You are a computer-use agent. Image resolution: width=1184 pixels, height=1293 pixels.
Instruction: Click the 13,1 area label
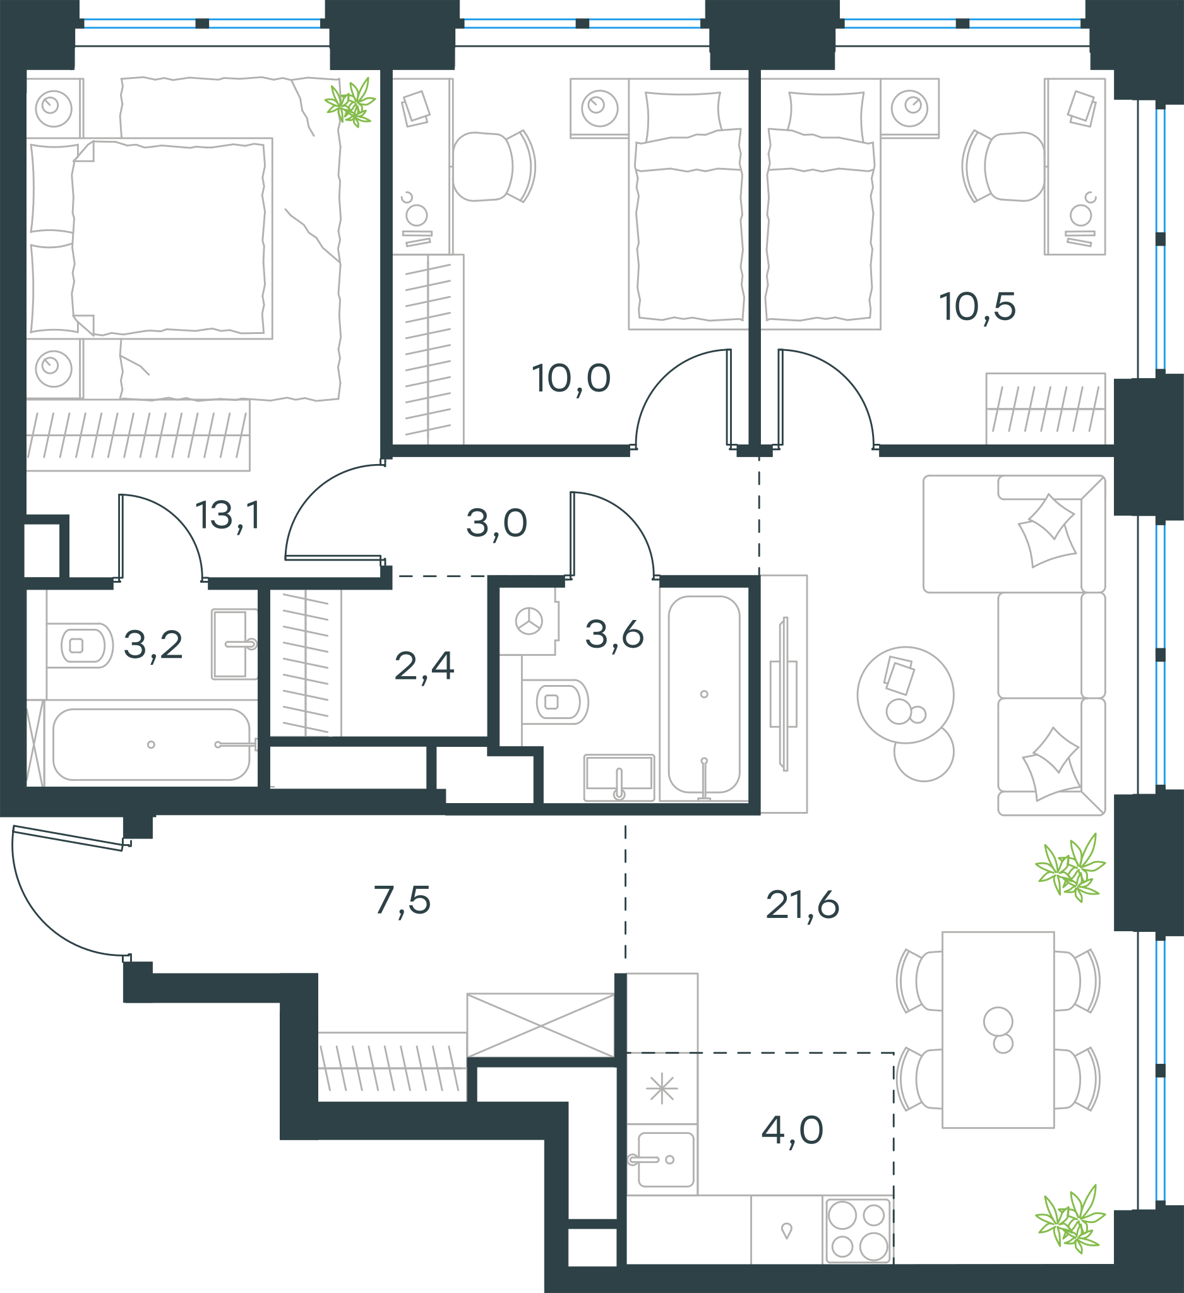[229, 516]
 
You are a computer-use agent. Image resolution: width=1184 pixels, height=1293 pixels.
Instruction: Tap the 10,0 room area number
[571, 378]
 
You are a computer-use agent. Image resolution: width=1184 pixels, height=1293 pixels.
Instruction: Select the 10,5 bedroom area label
[978, 307]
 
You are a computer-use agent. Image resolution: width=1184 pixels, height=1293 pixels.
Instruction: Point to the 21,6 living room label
[803, 905]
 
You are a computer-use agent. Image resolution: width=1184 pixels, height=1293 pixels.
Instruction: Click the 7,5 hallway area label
[402, 900]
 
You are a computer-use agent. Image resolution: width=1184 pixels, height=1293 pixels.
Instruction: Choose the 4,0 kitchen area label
[792, 1129]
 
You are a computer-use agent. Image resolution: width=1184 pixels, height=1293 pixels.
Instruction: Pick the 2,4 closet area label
[424, 665]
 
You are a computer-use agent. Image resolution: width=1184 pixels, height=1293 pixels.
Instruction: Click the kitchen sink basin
[666, 1160]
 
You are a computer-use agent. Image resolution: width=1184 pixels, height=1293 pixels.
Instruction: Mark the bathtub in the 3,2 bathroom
[152, 744]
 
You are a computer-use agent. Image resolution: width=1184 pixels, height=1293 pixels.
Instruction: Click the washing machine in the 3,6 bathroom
[528, 621]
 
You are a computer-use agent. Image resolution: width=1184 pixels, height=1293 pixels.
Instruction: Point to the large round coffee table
[906, 694]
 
